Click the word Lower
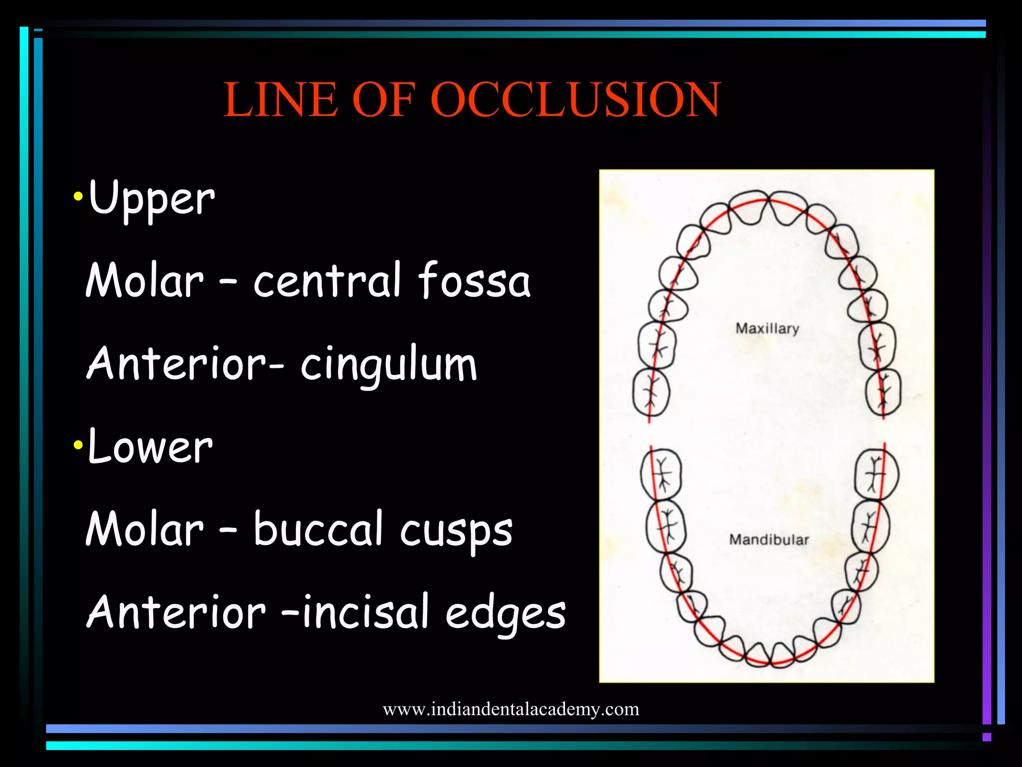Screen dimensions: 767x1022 click(x=150, y=447)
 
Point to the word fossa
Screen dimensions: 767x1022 click(x=474, y=280)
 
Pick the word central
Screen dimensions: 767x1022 click(x=327, y=280)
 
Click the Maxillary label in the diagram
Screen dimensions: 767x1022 click(x=767, y=329)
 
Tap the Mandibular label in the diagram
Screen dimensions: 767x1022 click(x=768, y=540)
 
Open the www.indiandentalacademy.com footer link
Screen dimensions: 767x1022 click(x=511, y=709)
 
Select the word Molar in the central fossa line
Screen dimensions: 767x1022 click(x=145, y=280)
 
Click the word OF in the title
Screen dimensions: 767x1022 click(x=383, y=100)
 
